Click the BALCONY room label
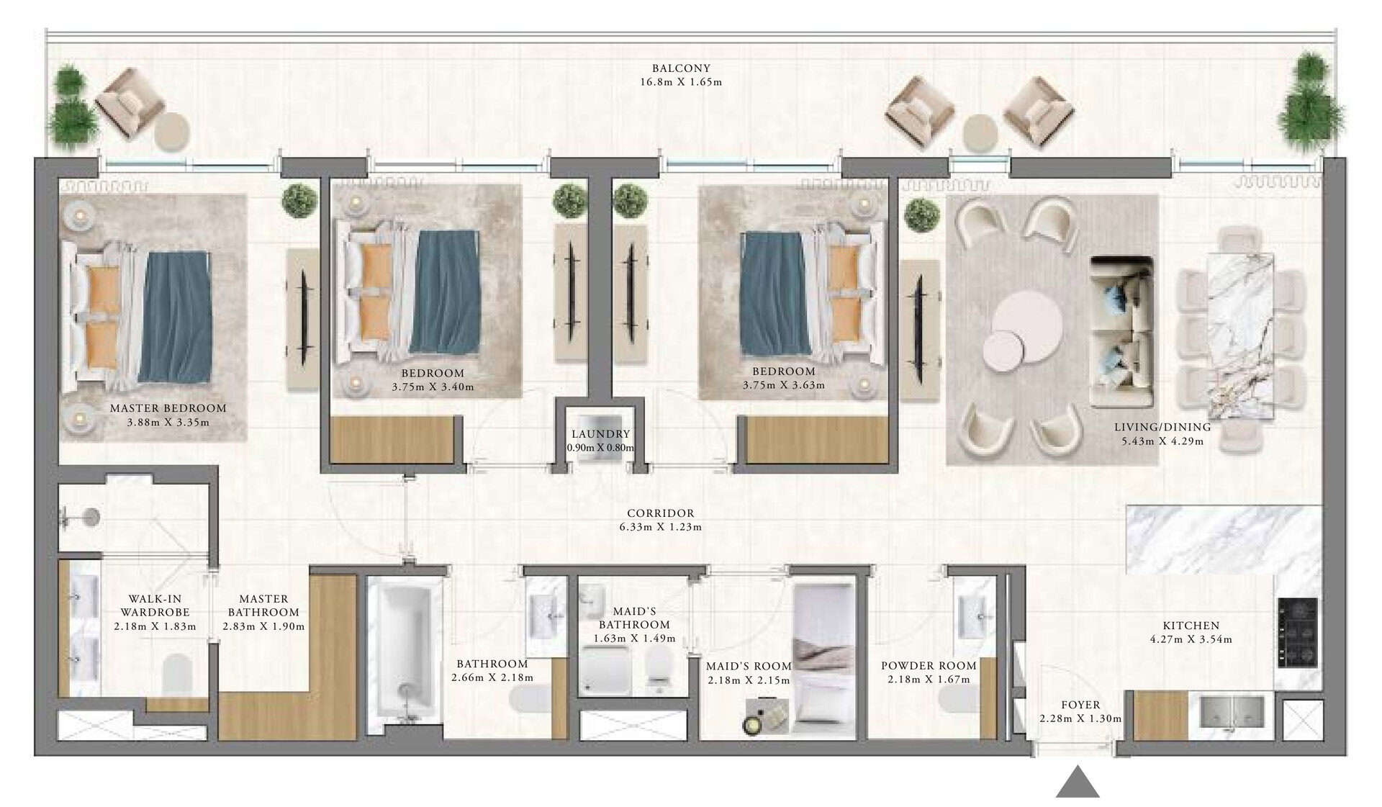click(x=681, y=68)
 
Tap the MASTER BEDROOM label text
click(x=168, y=408)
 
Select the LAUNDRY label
click(x=600, y=434)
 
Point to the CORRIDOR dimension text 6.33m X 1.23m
click(x=661, y=527)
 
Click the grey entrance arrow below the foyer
click(x=1078, y=783)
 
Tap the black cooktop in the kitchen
click(x=1298, y=632)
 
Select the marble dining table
click(x=1239, y=335)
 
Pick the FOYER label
click(x=1080, y=705)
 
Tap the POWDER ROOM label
click(x=929, y=666)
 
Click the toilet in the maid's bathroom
click(x=658, y=669)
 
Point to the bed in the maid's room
click(x=823, y=659)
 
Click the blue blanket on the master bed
click(x=176, y=316)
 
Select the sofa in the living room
click(x=1121, y=331)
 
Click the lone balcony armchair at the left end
click(x=128, y=102)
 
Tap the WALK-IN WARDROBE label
click(x=155, y=605)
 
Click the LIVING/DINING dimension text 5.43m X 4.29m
click(x=1162, y=441)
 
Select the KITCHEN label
click(x=1191, y=626)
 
